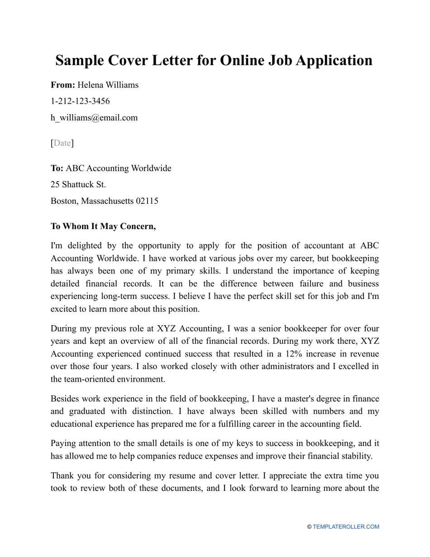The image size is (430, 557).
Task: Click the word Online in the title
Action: pos(241,60)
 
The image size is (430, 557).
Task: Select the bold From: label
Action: pos(63,85)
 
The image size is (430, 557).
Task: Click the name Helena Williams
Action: pos(108,85)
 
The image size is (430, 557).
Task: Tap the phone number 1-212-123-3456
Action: pos(80,101)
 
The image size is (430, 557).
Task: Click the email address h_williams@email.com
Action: pos(94,118)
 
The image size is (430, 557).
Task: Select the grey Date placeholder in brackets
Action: pos(62,143)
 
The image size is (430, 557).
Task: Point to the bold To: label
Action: pos(57,168)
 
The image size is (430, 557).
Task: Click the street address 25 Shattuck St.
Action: pos(78,184)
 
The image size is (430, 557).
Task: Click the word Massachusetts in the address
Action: pos(107,201)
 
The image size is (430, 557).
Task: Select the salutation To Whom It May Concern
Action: pos(103,226)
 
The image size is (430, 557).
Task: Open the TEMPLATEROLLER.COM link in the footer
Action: pos(346,527)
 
